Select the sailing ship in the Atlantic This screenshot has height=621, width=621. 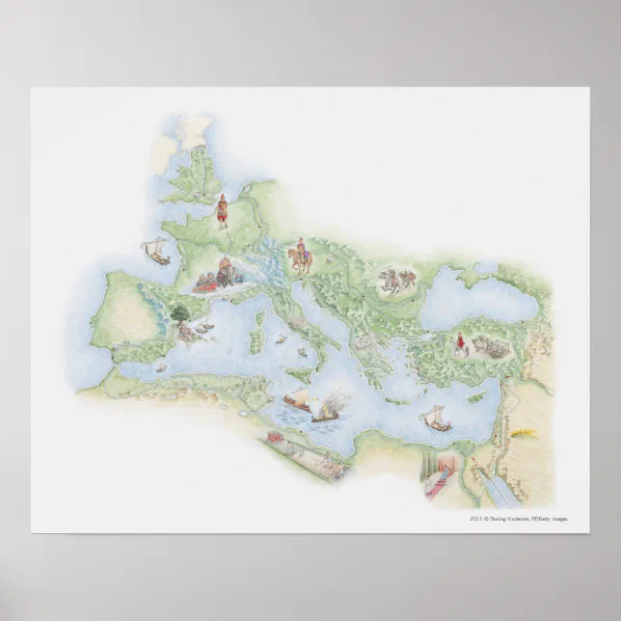tap(153, 252)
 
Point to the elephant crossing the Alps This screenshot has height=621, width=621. tap(225, 274)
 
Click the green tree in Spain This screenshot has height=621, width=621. tap(179, 314)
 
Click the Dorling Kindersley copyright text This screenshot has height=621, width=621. tap(519, 518)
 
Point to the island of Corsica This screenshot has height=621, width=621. tap(256, 310)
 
